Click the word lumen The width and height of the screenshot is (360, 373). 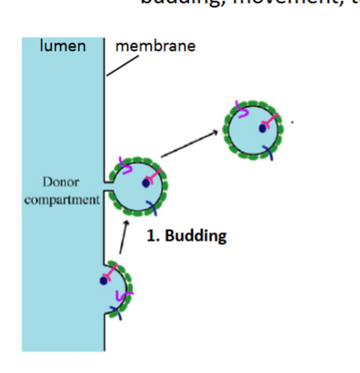63,46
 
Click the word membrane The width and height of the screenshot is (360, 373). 155,46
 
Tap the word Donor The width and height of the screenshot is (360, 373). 61,182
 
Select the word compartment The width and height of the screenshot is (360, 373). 62,200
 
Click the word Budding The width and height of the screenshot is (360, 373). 196,236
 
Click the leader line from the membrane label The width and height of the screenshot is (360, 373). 122,66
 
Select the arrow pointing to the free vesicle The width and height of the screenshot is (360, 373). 189,144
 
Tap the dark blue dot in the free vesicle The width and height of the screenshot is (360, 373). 262,128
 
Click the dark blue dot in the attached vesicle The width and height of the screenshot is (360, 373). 146,183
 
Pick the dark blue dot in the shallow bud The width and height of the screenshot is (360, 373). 103,281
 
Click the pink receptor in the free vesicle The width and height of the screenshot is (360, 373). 270,121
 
